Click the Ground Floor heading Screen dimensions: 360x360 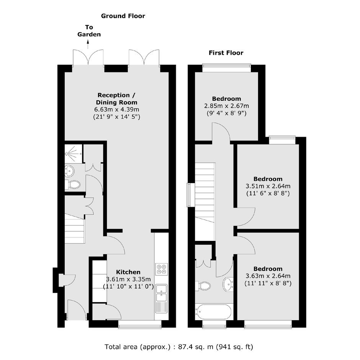tap(123, 16)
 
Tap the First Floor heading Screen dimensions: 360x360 tap(226, 53)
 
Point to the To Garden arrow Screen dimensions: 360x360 tap(88, 44)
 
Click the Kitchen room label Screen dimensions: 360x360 tap(128, 272)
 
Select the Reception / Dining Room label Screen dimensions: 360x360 tap(116, 99)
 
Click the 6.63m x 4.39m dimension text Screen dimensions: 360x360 tap(117, 110)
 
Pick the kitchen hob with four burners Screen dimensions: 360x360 tap(161, 269)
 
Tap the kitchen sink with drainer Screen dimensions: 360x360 tap(161, 298)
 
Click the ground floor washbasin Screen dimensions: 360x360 tap(69, 171)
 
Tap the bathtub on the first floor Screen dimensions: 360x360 tap(213, 312)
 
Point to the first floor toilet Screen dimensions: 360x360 tap(203, 286)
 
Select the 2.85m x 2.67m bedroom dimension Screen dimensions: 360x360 tap(227, 106)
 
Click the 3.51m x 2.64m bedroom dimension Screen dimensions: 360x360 tap(268, 186)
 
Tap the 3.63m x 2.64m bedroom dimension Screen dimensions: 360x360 tap(268, 276)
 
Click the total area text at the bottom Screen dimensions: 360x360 tap(179, 347)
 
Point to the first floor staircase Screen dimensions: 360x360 tap(205, 201)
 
